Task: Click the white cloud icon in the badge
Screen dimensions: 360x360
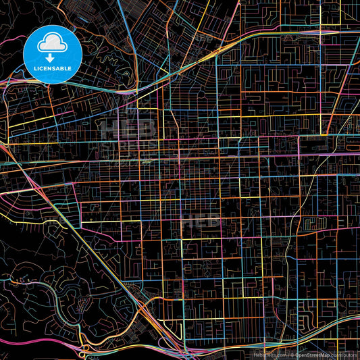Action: (52, 43)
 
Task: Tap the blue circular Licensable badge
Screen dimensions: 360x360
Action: (53, 54)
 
